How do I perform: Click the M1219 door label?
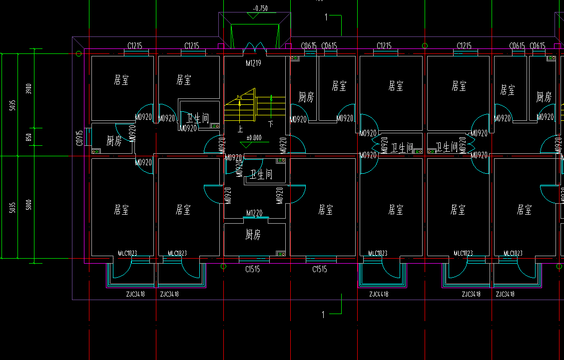pyautogui.click(x=254, y=63)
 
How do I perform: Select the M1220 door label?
pyautogui.click(x=254, y=213)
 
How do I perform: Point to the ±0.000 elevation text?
pyautogui.click(x=254, y=137)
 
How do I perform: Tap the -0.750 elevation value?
pyautogui.click(x=260, y=8)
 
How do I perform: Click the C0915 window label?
pyautogui.click(x=79, y=138)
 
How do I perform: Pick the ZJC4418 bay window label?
pyautogui.click(x=378, y=294)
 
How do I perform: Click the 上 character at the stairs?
pyautogui.click(x=240, y=129)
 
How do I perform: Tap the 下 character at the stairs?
pyautogui.click(x=271, y=123)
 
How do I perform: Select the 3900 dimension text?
pyautogui.click(x=29, y=89)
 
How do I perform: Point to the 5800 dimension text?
pyautogui.click(x=29, y=205)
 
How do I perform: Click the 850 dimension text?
pyautogui.click(x=29, y=136)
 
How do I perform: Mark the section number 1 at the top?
pyautogui.click(x=326, y=17)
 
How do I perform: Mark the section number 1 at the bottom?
pyautogui.click(x=323, y=315)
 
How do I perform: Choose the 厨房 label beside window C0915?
pyautogui.click(x=114, y=141)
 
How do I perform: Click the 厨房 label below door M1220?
pyautogui.click(x=253, y=235)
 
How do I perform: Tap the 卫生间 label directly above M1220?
pyautogui.click(x=261, y=174)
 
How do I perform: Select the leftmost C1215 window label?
pyautogui.click(x=135, y=46)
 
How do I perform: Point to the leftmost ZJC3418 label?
pyautogui.click(x=135, y=294)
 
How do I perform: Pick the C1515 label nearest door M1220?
pyautogui.click(x=252, y=270)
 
